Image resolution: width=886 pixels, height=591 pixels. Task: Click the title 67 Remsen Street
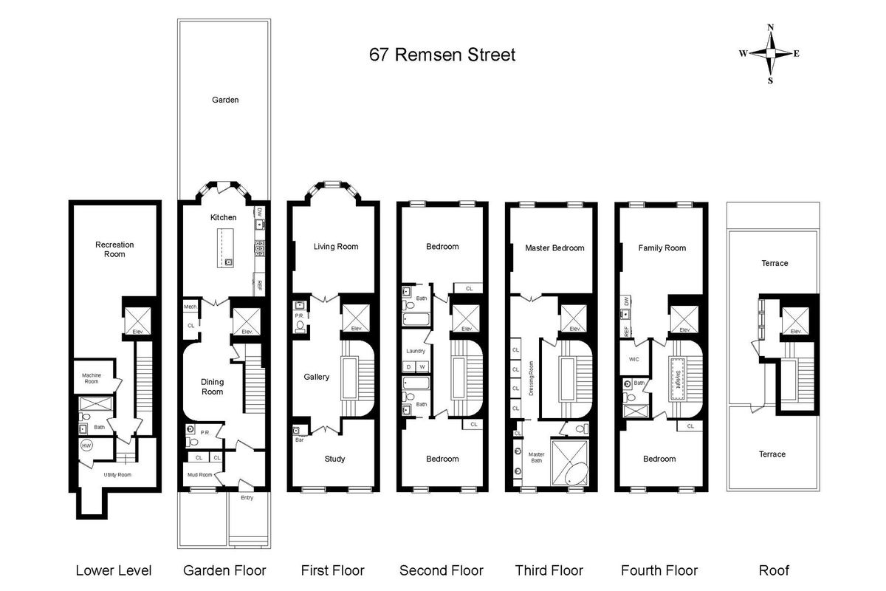[442, 55]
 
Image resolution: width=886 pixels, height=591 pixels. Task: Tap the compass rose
[770, 54]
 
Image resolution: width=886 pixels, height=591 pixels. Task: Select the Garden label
[225, 100]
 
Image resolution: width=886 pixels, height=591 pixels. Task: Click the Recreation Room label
[114, 249]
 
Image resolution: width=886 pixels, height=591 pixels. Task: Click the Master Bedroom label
[554, 247]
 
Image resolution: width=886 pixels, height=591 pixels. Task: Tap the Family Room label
[662, 248]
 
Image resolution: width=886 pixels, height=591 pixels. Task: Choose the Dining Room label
[213, 386]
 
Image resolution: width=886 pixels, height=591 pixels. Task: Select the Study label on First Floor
[334, 459]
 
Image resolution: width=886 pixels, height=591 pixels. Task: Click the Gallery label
[317, 377]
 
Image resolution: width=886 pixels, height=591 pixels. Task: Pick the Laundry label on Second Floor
[416, 350]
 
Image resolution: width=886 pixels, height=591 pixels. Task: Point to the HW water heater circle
[86, 446]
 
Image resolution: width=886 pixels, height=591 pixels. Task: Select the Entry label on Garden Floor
[247, 497]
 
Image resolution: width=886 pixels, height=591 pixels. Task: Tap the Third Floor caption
[549, 570]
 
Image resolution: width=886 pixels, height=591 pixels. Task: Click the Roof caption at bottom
[774, 570]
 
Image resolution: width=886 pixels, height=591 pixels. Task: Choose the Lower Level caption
[114, 570]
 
